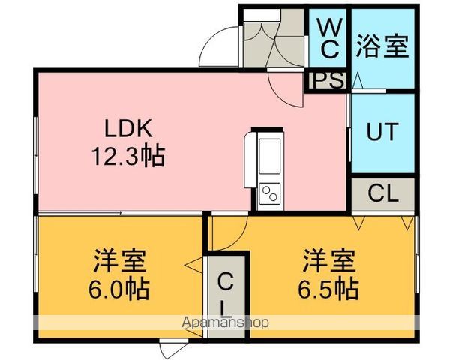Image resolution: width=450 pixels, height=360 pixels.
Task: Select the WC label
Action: click(x=329, y=39)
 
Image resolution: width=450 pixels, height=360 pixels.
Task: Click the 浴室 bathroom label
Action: click(x=382, y=46)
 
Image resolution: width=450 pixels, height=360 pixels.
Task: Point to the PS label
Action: click(x=325, y=80)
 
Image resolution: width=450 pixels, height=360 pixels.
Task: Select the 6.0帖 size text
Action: click(x=119, y=288)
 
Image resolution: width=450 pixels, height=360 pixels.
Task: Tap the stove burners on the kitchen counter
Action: click(x=268, y=193)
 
